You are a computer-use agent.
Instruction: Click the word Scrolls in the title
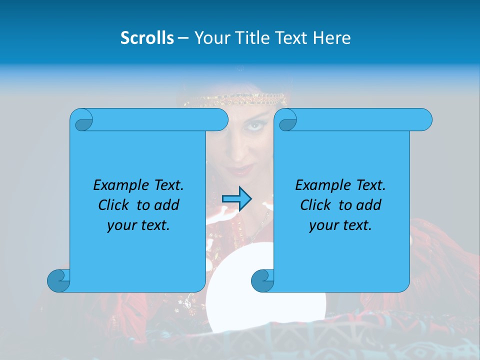tap(147, 37)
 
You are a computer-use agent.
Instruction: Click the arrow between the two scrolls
tap(236, 199)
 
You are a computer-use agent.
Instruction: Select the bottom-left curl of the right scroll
tap(263, 280)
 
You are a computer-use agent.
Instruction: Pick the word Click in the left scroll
tap(114, 205)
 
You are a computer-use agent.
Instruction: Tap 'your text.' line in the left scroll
tap(138, 225)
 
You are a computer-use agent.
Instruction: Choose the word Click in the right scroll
tap(315, 205)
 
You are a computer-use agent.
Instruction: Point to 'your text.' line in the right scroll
tap(340, 225)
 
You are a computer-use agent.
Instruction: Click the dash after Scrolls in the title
tap(183, 38)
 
